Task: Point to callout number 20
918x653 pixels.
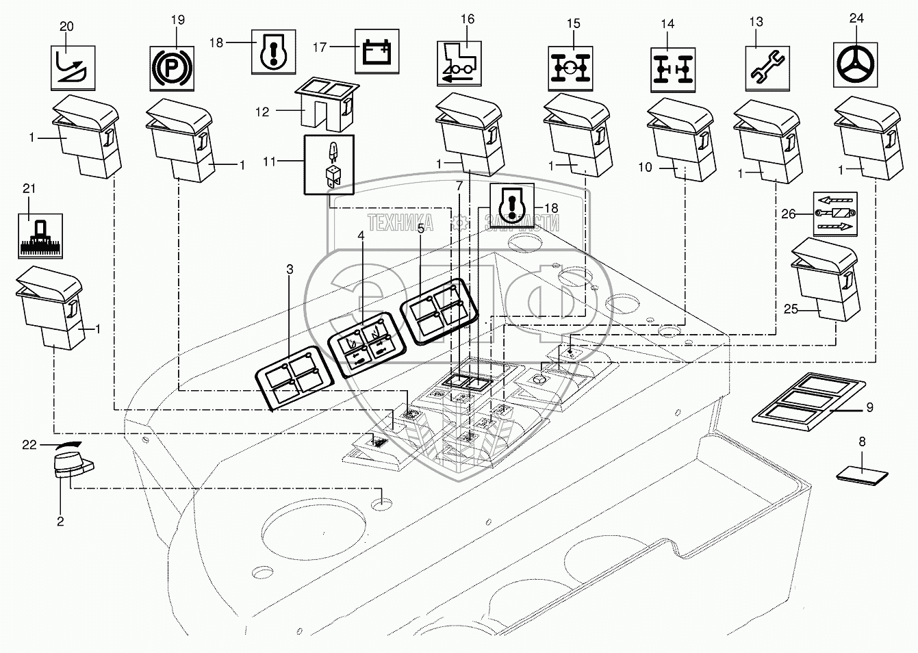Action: pyautogui.click(x=66, y=26)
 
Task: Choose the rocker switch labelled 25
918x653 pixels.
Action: pyautogui.click(x=821, y=281)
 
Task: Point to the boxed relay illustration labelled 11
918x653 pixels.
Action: pyautogui.click(x=329, y=165)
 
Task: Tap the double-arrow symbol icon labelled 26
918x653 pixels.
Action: pyautogui.click(x=834, y=214)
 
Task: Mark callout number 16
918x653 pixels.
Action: pyautogui.click(x=468, y=18)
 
